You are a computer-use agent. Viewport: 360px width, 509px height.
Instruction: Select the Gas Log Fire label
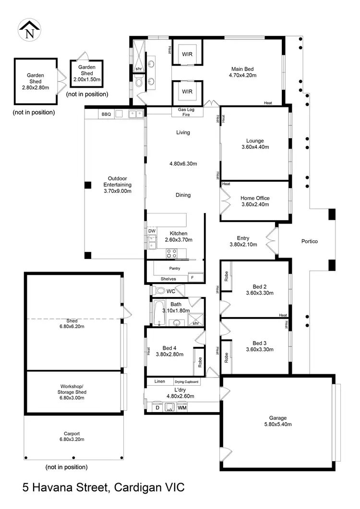[x=187, y=112]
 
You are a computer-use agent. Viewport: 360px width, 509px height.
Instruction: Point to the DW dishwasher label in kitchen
[x=152, y=231]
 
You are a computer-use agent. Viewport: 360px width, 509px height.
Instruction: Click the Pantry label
[x=174, y=268]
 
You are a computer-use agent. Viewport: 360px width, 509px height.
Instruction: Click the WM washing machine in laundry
[x=182, y=408]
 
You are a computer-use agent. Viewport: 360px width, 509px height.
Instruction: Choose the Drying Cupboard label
[x=186, y=382]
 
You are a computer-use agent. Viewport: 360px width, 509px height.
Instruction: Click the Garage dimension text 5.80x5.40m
[x=278, y=424]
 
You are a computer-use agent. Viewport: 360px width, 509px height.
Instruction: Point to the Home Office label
[x=255, y=198]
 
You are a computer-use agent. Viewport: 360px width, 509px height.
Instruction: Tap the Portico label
[x=309, y=241]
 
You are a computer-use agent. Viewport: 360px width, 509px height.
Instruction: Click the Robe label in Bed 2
[x=226, y=277]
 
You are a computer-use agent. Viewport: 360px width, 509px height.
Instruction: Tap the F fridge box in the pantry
[x=193, y=277]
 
